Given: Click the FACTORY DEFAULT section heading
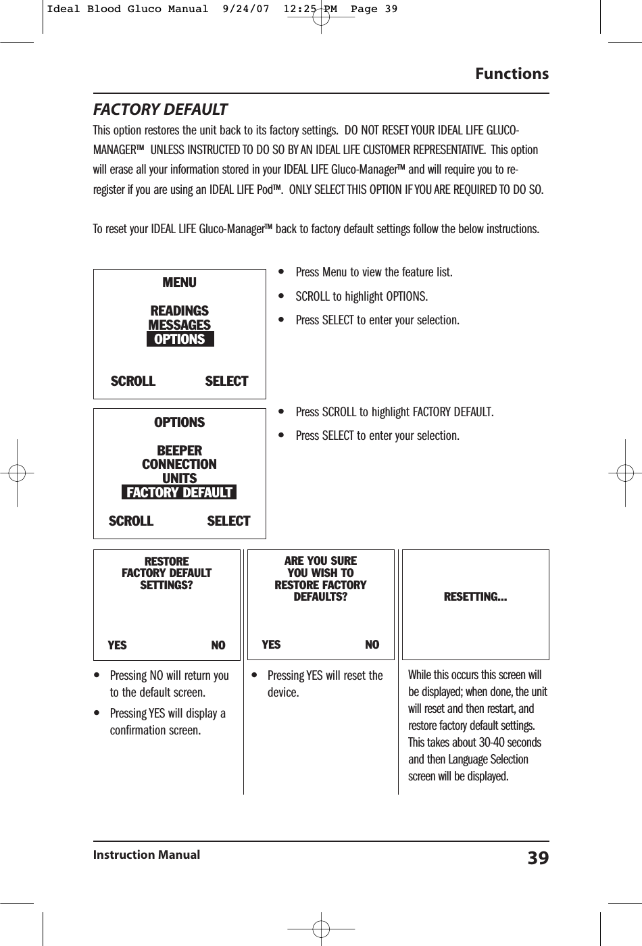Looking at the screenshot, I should [160, 109].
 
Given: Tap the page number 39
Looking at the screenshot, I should [538, 858].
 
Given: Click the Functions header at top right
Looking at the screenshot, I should [512, 74].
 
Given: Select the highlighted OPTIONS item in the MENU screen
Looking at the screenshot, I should [180, 339].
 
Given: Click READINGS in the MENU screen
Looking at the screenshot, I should [179, 311].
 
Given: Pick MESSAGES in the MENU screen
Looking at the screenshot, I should [179, 325].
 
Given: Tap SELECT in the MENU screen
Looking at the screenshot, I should [226, 381].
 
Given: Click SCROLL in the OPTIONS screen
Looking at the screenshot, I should [131, 521].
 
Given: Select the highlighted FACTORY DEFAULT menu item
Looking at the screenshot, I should [179, 493].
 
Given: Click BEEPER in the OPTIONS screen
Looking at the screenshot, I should [179, 450].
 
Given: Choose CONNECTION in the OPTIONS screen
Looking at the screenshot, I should [179, 464].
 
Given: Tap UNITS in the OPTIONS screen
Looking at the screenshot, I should [179, 478].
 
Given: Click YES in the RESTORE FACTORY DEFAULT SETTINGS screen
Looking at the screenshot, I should [117, 645].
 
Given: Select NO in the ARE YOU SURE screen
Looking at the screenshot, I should [372, 645].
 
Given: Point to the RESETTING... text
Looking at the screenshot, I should [475, 597].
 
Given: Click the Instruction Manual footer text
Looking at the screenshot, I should [147, 855].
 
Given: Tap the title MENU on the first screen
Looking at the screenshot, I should [179, 282].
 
